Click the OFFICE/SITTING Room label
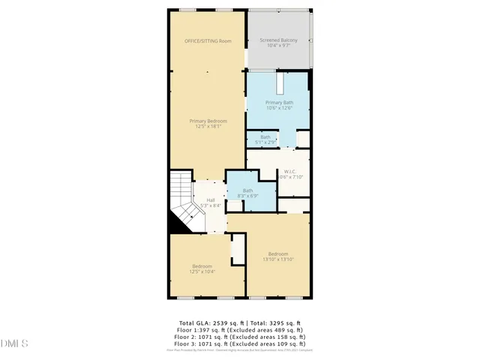(x=208, y=40)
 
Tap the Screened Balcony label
(x=277, y=39)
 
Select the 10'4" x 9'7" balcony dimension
(x=277, y=46)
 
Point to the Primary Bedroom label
(x=208, y=121)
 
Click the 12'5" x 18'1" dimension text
(x=208, y=127)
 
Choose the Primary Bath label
(x=279, y=102)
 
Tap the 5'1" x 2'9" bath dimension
(x=265, y=142)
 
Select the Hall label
(x=211, y=199)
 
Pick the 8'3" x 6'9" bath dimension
(x=247, y=195)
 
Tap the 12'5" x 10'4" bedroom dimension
(x=202, y=271)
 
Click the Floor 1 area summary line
(x=240, y=329)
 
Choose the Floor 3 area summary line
(x=240, y=343)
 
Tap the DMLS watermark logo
(x=15, y=343)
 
